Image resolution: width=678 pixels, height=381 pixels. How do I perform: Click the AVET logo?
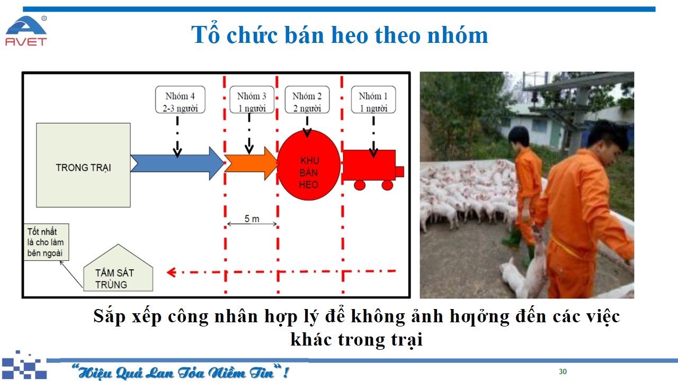26,31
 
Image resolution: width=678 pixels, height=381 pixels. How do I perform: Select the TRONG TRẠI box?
83,165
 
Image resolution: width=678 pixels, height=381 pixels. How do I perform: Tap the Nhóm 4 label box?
180,100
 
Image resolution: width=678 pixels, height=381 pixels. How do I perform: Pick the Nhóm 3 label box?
252,100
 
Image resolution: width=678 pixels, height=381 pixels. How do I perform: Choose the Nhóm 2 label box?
307,100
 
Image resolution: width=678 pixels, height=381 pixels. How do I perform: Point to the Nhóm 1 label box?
373,100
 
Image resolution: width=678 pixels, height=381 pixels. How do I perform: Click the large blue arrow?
177,164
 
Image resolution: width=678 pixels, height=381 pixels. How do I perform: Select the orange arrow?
251,164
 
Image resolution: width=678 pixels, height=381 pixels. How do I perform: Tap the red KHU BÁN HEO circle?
309,165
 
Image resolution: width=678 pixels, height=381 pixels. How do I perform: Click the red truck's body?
369,165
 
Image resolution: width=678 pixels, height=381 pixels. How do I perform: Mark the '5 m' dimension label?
252,219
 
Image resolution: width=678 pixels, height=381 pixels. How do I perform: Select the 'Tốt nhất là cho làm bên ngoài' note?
46,242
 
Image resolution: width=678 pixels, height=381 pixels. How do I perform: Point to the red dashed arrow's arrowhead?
171,273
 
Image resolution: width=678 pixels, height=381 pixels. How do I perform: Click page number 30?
563,371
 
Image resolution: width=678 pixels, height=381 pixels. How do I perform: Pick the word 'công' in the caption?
188,317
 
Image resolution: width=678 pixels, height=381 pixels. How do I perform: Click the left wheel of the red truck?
360,185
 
